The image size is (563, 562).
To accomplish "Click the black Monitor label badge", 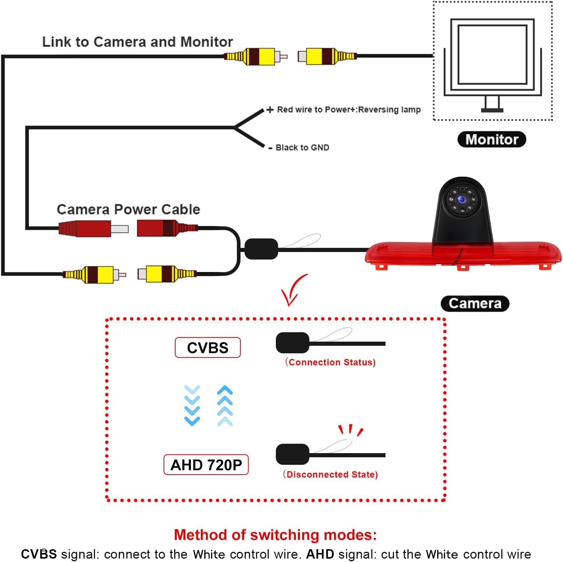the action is pos(491,139).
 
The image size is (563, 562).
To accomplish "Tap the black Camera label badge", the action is pos(475,304).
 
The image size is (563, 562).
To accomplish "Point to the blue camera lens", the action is pos(462,199).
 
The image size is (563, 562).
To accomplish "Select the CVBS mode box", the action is pos(208,347).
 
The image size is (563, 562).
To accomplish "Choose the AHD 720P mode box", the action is pos(206,465).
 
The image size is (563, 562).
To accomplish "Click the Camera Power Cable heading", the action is pos(128,209).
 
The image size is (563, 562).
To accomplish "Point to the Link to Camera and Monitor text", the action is pos(138,42).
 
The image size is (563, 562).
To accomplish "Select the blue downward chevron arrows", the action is pos(192,405).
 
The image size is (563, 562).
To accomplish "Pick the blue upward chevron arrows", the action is pos(225,405).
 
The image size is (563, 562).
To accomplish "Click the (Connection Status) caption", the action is pos(330,362).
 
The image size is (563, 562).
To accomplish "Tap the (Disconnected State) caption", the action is pos(330,474).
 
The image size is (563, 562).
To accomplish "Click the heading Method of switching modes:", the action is pos(275,535).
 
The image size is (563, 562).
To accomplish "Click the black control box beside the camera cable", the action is pos(261,249).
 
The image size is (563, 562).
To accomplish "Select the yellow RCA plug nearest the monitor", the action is pos(327,57).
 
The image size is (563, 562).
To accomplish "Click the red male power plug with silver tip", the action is pos(93,229).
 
